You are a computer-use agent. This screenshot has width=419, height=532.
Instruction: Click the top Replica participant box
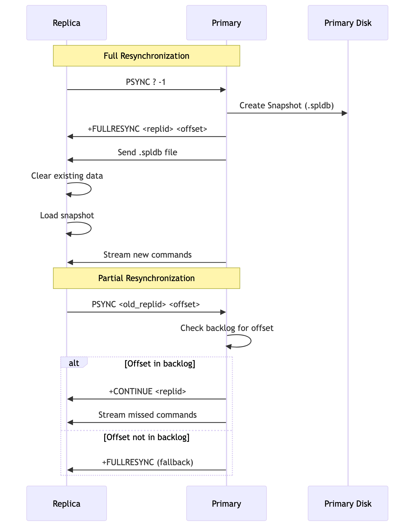67,23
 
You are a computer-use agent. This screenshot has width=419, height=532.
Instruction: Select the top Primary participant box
226,23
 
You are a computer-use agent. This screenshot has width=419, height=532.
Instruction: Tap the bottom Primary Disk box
348,503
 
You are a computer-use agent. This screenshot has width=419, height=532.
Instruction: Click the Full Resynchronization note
146,56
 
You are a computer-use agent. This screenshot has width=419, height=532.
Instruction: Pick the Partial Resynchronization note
146,278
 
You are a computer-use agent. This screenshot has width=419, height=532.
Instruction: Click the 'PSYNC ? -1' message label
146,82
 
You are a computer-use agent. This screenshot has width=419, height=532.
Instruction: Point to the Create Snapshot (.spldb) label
287,105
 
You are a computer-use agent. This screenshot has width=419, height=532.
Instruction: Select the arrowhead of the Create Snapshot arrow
344,113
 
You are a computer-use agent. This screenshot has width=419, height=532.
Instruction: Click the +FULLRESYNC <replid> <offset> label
147,129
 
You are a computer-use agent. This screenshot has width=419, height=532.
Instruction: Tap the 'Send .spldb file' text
147,153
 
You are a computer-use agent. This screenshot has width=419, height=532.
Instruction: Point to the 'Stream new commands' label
147,255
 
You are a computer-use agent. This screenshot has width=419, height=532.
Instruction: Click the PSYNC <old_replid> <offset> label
146,304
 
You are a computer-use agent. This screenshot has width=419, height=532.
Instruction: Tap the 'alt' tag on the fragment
74,363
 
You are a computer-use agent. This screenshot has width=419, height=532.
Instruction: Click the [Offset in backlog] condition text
160,364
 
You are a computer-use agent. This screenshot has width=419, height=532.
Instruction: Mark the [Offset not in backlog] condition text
146,437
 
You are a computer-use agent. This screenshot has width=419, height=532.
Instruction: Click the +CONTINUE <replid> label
147,391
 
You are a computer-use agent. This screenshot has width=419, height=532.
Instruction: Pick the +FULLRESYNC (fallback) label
147,462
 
